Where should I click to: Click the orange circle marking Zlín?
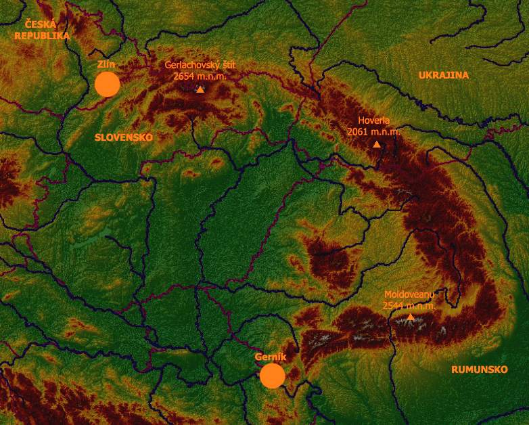(107, 84)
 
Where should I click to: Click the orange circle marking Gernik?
(272, 376)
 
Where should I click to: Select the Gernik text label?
(271, 357)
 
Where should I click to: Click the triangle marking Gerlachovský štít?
(200, 89)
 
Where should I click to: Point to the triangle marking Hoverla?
(377, 144)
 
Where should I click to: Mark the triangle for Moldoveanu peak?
(410, 317)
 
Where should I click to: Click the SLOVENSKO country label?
(123, 137)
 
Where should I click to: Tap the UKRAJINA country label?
(443, 75)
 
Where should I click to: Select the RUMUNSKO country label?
(479, 370)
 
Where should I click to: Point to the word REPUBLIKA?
(42, 35)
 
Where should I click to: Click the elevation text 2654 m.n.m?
(200, 76)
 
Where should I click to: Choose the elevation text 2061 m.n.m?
(373, 132)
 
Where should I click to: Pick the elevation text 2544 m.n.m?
(408, 305)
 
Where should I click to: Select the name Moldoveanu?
(409, 294)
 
